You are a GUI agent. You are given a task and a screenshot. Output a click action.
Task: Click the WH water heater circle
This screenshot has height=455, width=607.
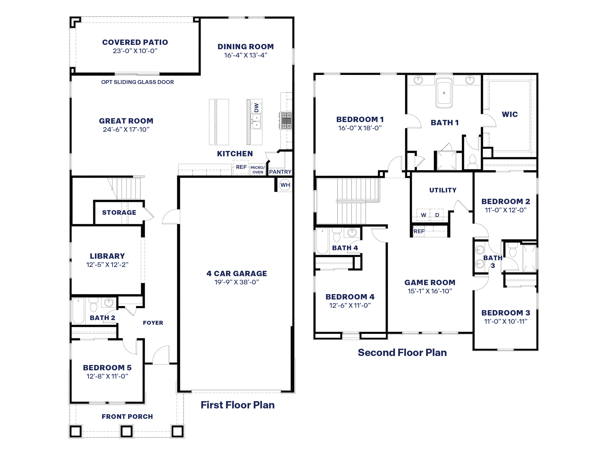(285, 185)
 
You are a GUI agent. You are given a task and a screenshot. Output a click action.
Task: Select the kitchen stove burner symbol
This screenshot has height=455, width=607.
(286, 120)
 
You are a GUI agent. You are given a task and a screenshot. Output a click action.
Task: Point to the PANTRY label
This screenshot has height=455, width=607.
(280, 172)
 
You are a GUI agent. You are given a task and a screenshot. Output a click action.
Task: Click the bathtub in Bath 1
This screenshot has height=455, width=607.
(444, 93)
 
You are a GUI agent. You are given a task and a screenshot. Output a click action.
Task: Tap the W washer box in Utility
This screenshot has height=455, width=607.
(423, 215)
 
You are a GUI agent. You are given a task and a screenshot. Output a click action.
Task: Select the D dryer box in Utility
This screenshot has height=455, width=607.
(437, 215)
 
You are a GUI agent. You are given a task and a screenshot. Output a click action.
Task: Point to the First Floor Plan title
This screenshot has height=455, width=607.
(237, 405)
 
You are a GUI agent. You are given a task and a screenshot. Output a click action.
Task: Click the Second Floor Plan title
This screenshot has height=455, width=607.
(402, 352)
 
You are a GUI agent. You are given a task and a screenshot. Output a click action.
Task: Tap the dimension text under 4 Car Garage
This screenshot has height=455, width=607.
(236, 282)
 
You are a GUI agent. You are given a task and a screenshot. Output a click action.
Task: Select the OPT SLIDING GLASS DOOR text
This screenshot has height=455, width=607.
(137, 82)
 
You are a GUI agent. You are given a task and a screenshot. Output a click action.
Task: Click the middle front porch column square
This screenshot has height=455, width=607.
(126, 431)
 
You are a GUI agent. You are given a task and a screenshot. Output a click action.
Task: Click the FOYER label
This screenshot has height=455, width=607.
(153, 323)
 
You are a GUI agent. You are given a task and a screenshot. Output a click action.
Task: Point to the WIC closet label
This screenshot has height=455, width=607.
(510, 114)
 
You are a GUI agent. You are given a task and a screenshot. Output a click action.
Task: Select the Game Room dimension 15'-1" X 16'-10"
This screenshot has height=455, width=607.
(430, 291)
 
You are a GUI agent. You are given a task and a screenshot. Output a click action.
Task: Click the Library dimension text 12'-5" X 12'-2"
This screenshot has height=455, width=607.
(107, 265)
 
